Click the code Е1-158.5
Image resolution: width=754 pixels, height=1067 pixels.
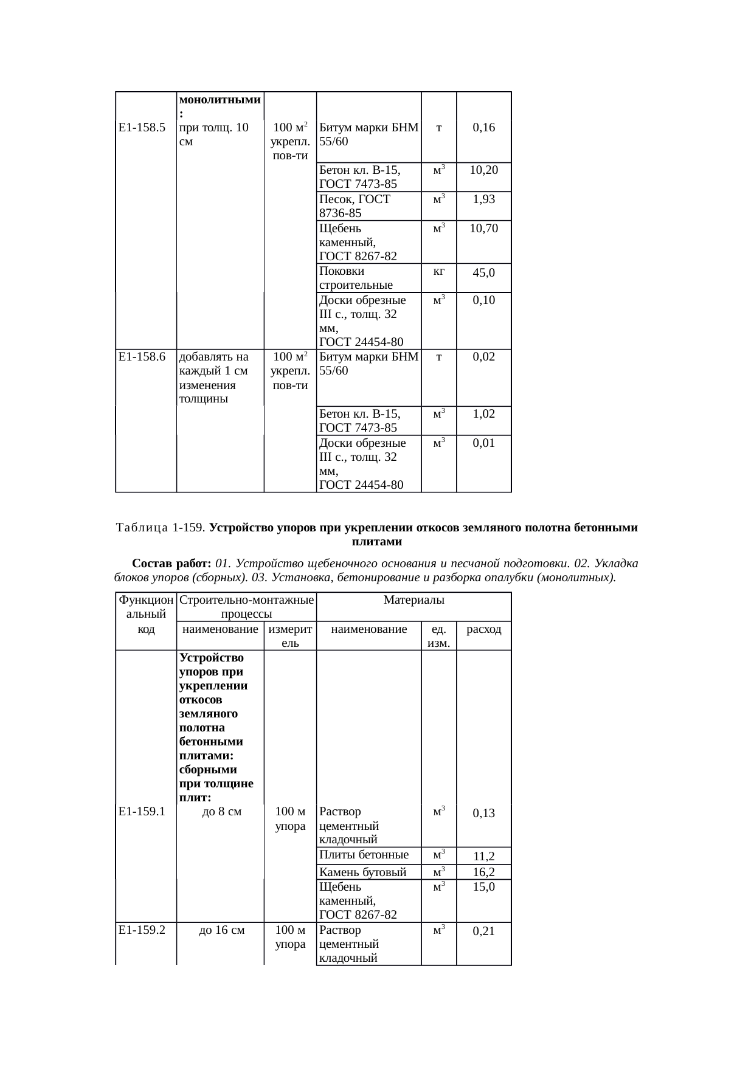(x=142, y=128)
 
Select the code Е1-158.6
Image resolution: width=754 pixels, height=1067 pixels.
(x=142, y=357)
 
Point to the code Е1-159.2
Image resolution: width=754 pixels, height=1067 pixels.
(x=142, y=930)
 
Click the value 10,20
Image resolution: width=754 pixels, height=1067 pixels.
(x=483, y=170)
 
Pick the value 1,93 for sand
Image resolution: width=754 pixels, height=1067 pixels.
(x=483, y=199)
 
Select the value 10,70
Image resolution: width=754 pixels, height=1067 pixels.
(x=483, y=229)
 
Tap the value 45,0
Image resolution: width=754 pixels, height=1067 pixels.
(x=483, y=272)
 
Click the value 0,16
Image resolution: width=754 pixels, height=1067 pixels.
(x=483, y=128)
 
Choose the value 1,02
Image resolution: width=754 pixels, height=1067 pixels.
(x=483, y=414)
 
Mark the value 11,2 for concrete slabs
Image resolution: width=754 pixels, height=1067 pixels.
(x=483, y=857)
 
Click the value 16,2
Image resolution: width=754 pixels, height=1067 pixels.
(x=483, y=872)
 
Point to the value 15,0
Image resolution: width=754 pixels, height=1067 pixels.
(x=483, y=887)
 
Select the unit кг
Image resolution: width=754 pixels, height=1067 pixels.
(x=438, y=271)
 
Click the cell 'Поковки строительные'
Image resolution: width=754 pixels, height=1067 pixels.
(x=356, y=278)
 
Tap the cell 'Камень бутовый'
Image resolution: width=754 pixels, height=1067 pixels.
(x=362, y=872)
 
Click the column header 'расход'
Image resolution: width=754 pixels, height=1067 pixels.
(x=483, y=629)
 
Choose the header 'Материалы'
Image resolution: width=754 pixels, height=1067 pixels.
(x=413, y=600)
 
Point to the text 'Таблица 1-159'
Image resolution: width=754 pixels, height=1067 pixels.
(x=161, y=528)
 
